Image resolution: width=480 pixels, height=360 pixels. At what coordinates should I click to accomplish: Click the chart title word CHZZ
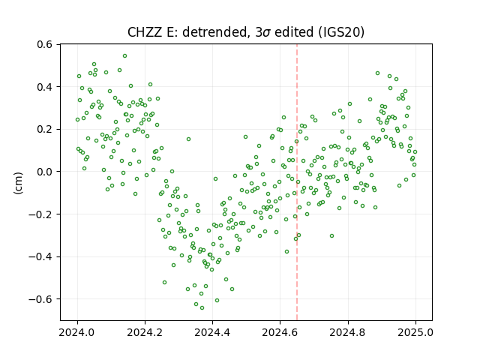(145, 32)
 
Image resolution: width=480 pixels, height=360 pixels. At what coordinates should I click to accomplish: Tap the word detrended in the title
(214, 32)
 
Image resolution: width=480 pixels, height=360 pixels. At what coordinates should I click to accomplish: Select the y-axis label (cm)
(19, 183)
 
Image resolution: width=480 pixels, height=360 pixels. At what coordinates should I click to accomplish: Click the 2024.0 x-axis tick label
(77, 332)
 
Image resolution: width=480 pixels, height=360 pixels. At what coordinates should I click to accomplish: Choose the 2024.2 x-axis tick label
(145, 332)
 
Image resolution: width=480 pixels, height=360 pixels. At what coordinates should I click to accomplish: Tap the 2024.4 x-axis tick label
(212, 332)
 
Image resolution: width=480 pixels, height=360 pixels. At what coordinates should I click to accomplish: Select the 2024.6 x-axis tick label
(280, 332)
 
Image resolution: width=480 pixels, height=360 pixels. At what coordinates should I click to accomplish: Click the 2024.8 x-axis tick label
(348, 332)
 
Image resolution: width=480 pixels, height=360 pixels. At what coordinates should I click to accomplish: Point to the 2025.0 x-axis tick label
(415, 332)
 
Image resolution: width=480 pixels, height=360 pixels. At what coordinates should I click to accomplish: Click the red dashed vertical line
(297, 182)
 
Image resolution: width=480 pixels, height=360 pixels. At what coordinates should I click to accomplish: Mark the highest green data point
(124, 56)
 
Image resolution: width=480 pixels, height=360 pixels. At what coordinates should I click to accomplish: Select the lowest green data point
(202, 308)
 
